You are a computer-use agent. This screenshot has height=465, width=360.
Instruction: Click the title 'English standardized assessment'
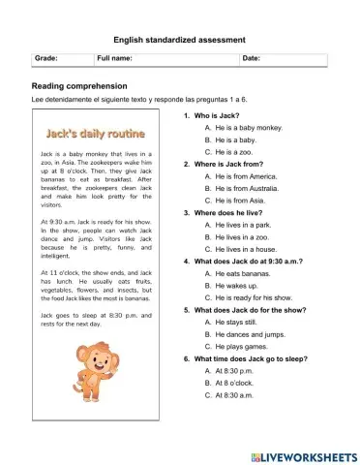[x=180, y=40]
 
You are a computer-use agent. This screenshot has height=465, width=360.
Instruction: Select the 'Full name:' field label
[x=114, y=60]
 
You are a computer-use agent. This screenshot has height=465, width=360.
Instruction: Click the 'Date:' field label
[x=251, y=60]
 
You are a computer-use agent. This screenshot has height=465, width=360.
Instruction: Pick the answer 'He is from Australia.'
[x=245, y=188]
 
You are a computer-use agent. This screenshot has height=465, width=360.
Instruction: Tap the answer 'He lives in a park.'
[x=239, y=225]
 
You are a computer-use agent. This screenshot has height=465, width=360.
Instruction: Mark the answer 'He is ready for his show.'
[x=249, y=296]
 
